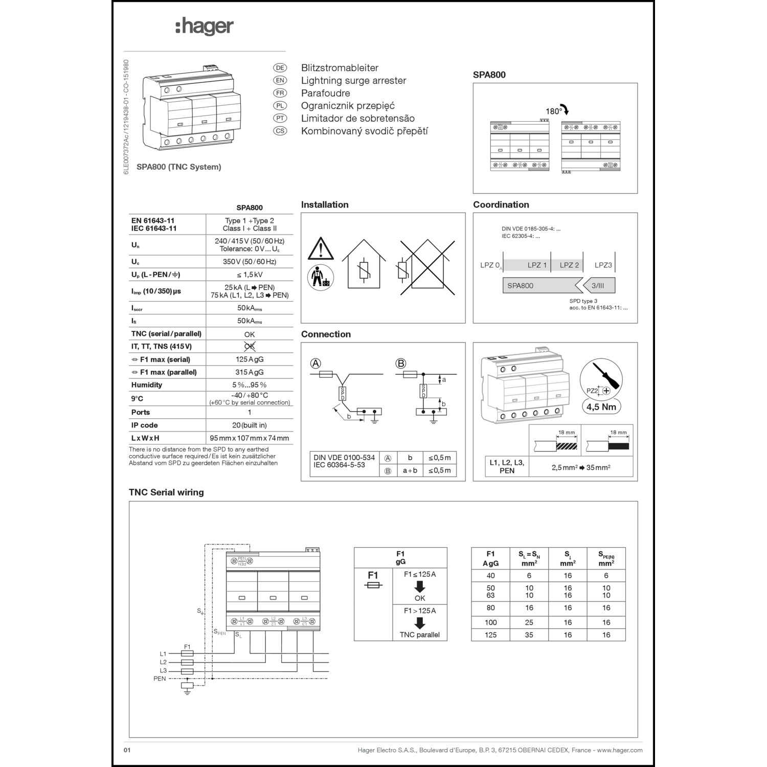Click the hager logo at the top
[205, 27]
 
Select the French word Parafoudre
[325, 93]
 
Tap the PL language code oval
[280, 106]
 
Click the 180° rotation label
[553, 111]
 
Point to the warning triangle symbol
[321, 249]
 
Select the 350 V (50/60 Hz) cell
[249, 262]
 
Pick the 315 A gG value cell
[249, 372]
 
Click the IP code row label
[144, 425]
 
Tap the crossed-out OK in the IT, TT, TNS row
[249, 346]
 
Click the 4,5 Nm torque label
[601, 407]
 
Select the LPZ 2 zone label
[569, 265]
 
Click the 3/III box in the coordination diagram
[597, 286]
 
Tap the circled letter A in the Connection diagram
[316, 364]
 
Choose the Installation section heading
[325, 205]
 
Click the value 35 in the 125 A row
[529, 635]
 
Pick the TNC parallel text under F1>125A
[419, 635]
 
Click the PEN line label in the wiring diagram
[160, 679]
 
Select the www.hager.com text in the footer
[620, 750]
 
